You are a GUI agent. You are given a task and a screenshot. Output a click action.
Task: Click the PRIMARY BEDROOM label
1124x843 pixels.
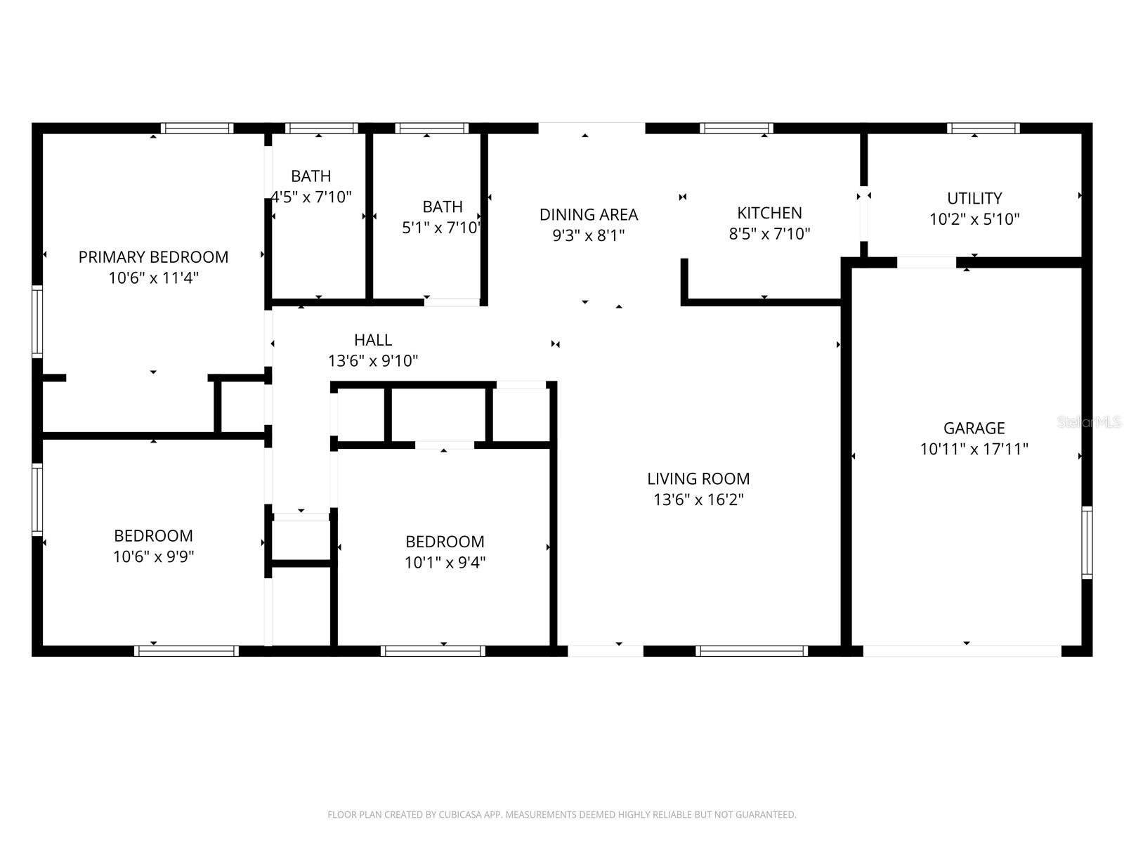coord(153,257)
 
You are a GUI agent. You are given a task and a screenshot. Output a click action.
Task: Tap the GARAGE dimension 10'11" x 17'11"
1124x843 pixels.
coord(974,449)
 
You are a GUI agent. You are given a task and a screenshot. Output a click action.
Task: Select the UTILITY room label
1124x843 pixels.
coord(974,198)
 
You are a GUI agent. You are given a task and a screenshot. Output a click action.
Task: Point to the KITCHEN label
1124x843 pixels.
coord(769,213)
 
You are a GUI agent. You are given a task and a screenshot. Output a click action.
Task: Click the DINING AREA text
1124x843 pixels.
coord(588,214)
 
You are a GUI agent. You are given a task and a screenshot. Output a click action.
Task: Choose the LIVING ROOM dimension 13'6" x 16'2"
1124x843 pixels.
coord(698,500)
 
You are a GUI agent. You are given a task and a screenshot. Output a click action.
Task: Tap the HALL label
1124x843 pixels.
coord(372,340)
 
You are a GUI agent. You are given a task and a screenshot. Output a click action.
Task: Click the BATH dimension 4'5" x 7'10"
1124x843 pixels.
coord(311,197)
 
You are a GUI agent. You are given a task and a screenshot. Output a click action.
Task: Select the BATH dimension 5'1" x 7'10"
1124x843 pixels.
coord(441,228)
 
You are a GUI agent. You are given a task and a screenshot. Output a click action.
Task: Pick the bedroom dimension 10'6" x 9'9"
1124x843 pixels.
coord(153,557)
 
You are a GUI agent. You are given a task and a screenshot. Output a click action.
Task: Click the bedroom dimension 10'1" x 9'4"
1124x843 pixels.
coord(445,563)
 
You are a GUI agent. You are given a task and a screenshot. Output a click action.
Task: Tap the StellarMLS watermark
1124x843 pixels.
coord(1089,421)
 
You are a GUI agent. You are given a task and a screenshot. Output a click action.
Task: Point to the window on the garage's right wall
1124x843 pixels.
coord(1087,542)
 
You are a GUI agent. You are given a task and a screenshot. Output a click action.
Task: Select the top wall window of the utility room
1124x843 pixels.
coord(983,129)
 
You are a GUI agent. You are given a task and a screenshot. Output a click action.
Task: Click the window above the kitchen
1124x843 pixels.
coord(736,129)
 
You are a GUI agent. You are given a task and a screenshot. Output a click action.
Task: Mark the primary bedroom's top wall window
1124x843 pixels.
coord(197,129)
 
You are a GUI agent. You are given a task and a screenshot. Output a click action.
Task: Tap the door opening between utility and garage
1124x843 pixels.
coord(926,263)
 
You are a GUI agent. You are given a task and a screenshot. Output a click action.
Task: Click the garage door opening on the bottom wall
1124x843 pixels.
coord(962,651)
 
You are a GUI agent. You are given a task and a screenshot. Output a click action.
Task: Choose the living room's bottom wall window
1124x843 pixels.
coord(752,651)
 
